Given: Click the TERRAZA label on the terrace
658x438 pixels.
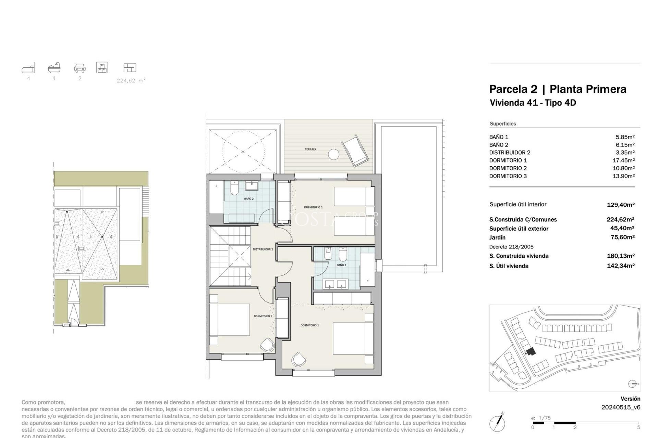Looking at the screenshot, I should pos(310,150).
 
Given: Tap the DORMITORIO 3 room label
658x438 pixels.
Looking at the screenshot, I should pos(313,207).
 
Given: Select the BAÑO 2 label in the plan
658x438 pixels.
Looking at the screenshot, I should pos(249,199).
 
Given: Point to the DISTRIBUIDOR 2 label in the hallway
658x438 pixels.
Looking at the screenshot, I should pos(263,249).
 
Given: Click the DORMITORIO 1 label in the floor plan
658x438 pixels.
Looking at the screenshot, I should pos(309,325).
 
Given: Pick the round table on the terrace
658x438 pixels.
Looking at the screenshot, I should pos(333,154).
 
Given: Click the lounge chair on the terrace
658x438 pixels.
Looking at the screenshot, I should pos(355,151).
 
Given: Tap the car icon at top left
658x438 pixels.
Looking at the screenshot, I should pos(80,68).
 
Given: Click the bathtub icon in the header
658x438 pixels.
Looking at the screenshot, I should pos(54,68).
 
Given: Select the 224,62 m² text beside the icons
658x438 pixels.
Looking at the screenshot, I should pos(131,81).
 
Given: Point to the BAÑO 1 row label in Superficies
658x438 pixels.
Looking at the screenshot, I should pos(499,137).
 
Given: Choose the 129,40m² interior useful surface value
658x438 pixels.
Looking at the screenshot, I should pos(620,205).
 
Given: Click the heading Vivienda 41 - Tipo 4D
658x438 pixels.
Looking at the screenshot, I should pos(533,103).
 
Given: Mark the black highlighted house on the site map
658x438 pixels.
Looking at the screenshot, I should pos(531,351).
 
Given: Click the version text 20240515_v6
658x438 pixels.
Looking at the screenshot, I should pos(621,407).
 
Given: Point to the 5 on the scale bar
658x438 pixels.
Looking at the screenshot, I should pos(638,427).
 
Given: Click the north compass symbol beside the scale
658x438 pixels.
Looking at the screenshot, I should pos(497,423).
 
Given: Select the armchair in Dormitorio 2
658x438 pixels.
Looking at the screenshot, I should pos(268,344).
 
